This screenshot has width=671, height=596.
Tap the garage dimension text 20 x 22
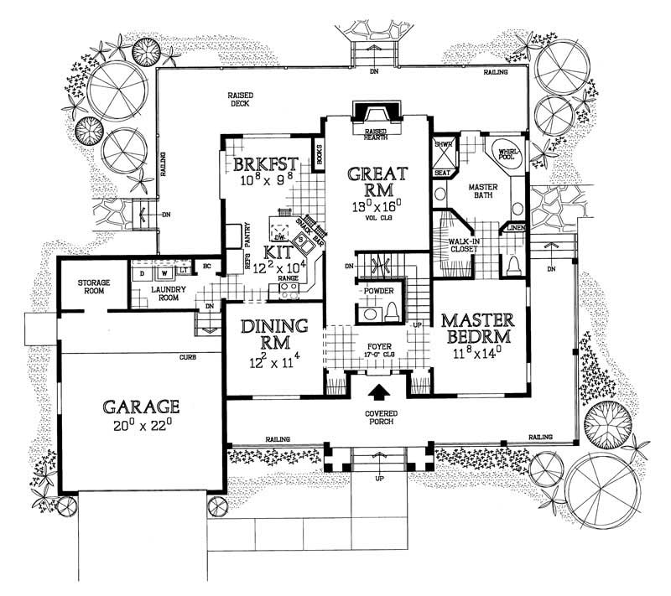tap(142, 427)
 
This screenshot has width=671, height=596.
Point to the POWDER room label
tap(379, 292)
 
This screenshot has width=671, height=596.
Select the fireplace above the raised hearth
tap(376, 115)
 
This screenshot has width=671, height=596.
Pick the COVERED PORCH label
tap(379, 419)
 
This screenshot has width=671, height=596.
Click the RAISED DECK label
tap(243, 101)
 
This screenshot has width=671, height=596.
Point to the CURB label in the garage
tap(187, 357)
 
